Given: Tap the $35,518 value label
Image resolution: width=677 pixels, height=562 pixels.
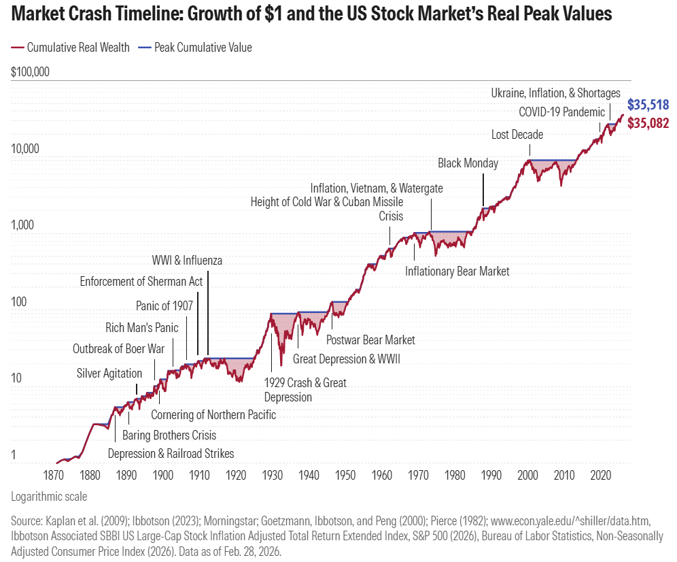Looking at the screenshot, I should point(648,105).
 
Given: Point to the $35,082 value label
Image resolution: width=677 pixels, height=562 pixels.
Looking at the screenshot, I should point(648,123).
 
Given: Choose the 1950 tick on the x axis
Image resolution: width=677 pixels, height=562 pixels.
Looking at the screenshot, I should point(345,474).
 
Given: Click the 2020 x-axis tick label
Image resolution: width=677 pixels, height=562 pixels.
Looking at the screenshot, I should point(600,474).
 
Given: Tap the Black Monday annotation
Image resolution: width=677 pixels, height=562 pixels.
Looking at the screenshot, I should point(468,163).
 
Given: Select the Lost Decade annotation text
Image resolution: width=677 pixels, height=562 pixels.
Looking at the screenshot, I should point(517,135).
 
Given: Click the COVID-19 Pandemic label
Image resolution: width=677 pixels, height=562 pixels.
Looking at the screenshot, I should point(561,112).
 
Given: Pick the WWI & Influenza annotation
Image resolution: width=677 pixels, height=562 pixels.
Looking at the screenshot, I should point(187,260).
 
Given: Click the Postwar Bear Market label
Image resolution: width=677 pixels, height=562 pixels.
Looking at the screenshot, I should point(370,340).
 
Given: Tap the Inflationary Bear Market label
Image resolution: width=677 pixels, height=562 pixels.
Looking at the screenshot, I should point(457,271).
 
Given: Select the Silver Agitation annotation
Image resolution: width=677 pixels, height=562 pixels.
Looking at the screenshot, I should point(109,374).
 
